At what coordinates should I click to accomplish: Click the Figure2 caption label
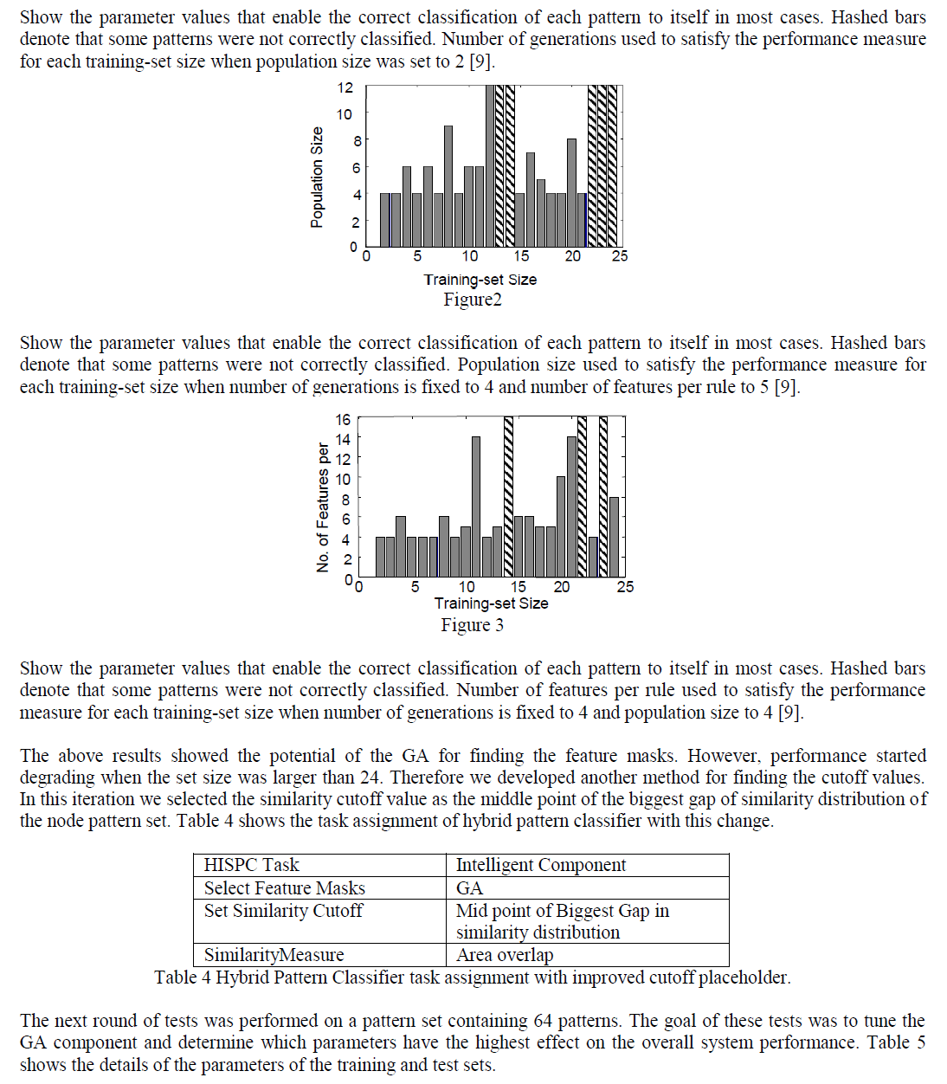click(473, 300)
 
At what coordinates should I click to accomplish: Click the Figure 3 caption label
click(472, 625)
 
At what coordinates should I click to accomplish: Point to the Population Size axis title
click(317, 177)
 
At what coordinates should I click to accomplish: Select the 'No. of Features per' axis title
click(323, 507)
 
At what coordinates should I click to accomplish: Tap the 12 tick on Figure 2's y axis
click(345, 87)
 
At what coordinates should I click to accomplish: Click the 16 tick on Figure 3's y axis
click(343, 420)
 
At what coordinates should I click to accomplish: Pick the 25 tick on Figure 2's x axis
click(620, 256)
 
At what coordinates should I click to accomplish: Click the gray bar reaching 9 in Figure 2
click(448, 186)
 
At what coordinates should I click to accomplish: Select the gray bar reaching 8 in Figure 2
click(571, 192)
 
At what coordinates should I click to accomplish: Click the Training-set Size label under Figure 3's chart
click(491, 603)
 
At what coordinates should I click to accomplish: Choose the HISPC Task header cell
click(251, 865)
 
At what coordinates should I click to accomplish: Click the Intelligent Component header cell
click(540, 865)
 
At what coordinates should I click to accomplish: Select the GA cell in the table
click(469, 888)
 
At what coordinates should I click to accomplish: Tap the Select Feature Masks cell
click(284, 888)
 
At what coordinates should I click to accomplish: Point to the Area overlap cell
click(504, 955)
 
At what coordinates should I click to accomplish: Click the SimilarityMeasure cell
click(274, 955)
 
